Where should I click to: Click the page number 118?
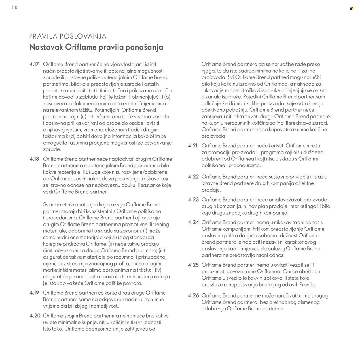(15, 7)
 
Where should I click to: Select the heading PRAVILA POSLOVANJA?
(68, 36)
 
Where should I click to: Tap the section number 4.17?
(34, 64)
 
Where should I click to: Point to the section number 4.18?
(34, 159)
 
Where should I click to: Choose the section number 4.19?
(34, 293)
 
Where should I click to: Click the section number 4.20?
(35, 316)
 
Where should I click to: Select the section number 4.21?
(193, 146)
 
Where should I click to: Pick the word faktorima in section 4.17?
(54, 136)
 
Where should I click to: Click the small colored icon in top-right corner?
(351, 8)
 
